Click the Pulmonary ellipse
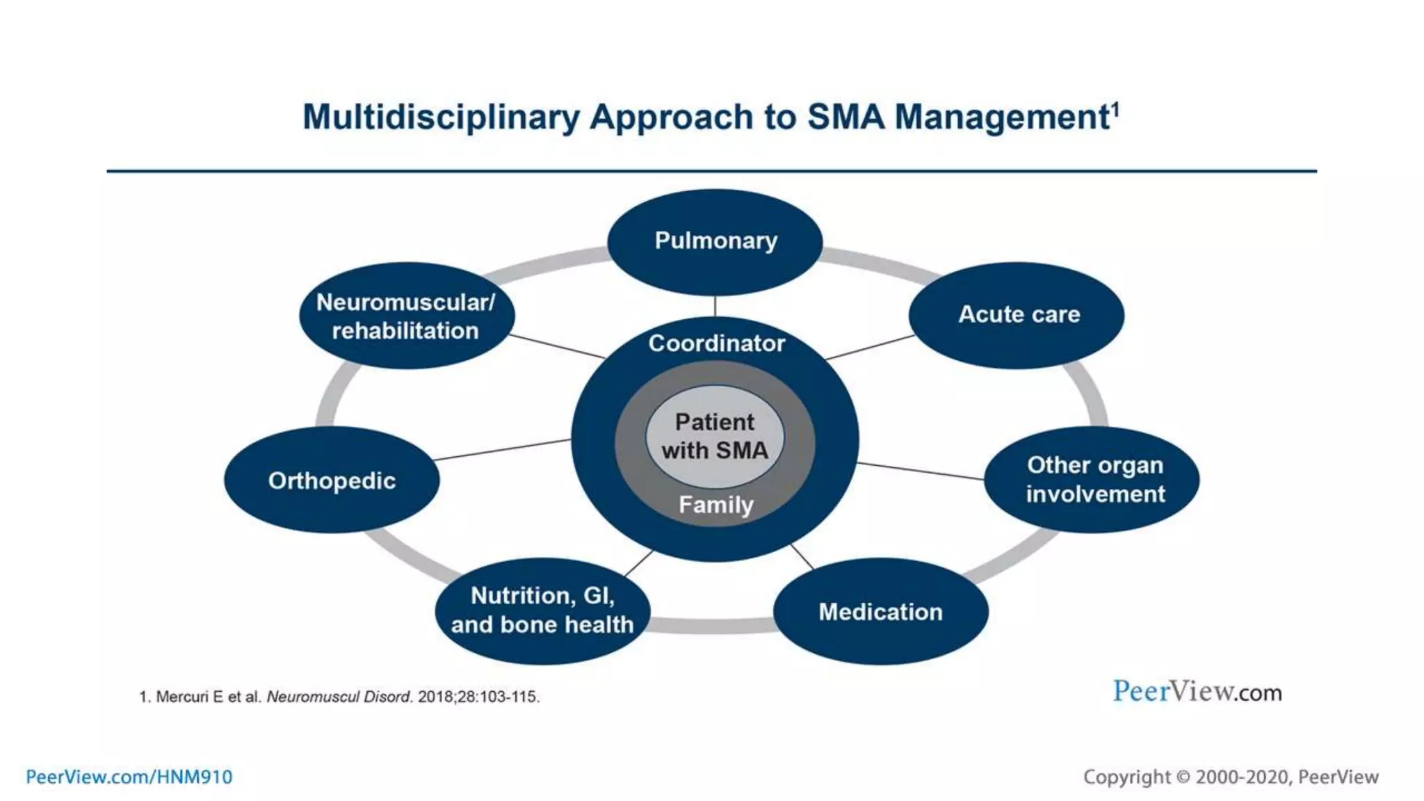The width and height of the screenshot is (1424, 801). tap(715, 241)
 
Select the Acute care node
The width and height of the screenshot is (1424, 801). tap(1017, 314)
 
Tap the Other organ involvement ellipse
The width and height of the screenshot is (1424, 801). tap(1092, 479)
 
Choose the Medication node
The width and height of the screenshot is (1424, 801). tap(880, 611)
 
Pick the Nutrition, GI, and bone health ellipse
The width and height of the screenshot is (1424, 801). tap(542, 610)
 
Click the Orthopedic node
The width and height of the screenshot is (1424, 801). tap(332, 480)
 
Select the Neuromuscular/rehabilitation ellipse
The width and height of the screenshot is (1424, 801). tap(407, 316)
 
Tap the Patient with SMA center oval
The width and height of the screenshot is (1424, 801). tap(715, 436)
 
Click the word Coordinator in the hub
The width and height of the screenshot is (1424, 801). tap(716, 343)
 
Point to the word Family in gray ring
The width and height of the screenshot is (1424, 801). tap(715, 504)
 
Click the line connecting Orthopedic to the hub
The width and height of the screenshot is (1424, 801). tap(502, 449)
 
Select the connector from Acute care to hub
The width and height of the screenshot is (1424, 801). tap(869, 347)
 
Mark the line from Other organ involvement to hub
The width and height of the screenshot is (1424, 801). tap(921, 471)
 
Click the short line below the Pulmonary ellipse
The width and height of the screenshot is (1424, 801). tap(715, 305)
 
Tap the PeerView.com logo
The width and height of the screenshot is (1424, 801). tap(1197, 692)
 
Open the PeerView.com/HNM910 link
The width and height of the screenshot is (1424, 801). tap(129, 777)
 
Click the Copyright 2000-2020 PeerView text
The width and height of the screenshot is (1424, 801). tap(1230, 777)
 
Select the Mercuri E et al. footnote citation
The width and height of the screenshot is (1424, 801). tap(339, 697)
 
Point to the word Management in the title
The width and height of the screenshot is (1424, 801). tap(1001, 117)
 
